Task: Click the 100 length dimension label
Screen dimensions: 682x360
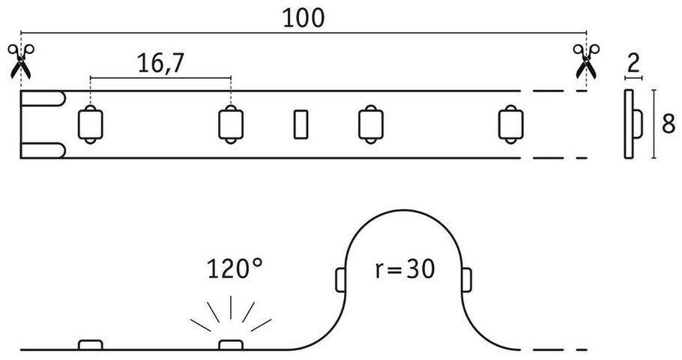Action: click(x=304, y=18)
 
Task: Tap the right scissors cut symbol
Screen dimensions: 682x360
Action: click(x=585, y=61)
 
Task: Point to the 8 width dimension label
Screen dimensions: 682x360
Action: click(x=667, y=124)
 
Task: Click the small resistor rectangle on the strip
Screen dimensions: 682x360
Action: click(x=300, y=124)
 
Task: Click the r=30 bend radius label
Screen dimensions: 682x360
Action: click(x=405, y=268)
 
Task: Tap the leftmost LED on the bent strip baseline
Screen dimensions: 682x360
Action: click(x=90, y=345)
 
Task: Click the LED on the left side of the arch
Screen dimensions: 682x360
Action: click(x=338, y=280)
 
